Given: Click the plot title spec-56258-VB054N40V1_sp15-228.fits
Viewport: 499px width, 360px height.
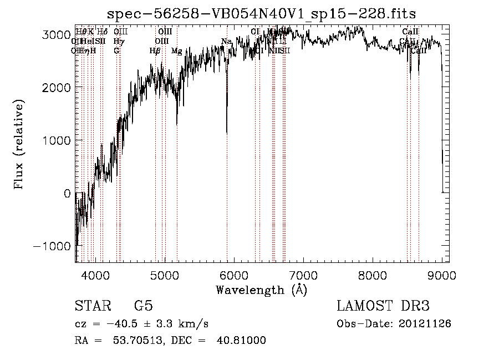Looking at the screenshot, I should point(261,13).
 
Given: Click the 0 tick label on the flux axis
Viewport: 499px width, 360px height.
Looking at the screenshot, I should point(67,194).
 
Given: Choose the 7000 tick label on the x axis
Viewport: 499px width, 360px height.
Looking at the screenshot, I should point(303,275).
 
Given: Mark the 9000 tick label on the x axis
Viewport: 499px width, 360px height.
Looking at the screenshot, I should point(442,275).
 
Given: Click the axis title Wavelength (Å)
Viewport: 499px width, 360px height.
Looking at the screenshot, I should point(261,290).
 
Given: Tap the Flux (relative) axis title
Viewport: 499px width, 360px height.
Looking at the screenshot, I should point(19,145).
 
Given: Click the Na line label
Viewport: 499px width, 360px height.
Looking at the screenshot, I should point(226,42).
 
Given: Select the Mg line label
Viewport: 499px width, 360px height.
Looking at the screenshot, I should point(177,51).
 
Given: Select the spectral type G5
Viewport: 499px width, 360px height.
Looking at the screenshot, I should point(143,306).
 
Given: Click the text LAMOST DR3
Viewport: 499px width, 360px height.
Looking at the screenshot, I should point(383,306).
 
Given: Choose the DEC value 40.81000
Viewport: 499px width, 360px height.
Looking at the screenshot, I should point(243,341).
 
